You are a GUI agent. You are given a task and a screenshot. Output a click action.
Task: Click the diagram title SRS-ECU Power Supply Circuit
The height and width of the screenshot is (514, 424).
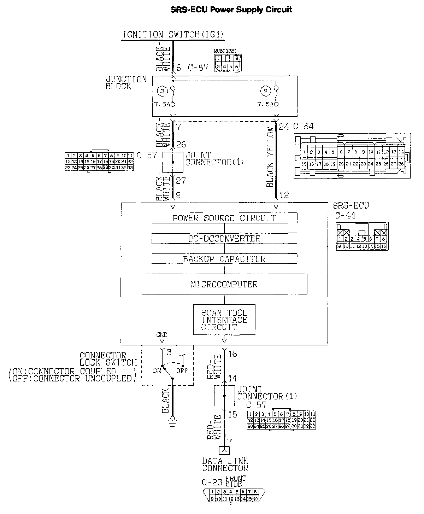pyautogui.click(x=231, y=10)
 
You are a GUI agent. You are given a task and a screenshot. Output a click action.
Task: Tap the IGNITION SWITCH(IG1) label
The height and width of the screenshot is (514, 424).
pyautogui.click(x=173, y=35)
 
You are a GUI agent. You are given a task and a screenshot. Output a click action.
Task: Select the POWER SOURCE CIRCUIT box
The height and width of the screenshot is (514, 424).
pyautogui.click(x=224, y=218)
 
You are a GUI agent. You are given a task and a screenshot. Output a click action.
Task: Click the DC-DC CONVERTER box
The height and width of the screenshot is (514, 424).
pyautogui.click(x=224, y=239)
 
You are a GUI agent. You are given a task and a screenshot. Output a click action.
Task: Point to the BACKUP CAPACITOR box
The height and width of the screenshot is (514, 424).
pyautogui.click(x=224, y=259)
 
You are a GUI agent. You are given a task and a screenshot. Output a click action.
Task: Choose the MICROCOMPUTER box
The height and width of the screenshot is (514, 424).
pyautogui.click(x=224, y=284)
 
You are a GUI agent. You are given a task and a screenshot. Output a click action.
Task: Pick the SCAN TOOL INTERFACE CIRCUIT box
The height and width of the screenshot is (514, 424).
pyautogui.click(x=224, y=320)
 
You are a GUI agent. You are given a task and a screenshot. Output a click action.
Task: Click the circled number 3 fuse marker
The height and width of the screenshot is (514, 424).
pyautogui.click(x=163, y=91)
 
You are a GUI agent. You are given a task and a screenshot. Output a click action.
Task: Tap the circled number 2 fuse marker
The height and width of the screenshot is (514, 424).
pyautogui.click(x=266, y=91)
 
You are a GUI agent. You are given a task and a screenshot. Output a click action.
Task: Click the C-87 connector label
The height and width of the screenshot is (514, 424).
pyautogui.click(x=198, y=68)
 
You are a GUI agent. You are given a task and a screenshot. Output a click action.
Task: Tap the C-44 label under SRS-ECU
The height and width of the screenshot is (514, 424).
pyautogui.click(x=346, y=215)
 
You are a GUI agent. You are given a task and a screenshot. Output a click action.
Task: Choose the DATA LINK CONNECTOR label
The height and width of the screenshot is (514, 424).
pyautogui.click(x=225, y=465)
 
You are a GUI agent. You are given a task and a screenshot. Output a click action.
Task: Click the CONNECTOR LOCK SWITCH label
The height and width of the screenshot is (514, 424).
pyautogui.click(x=108, y=359)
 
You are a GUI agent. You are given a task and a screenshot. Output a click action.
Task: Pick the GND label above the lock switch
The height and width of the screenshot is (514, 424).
pyautogui.click(x=162, y=335)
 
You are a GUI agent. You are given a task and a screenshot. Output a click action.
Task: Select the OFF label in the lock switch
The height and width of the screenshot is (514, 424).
pyautogui.click(x=182, y=370)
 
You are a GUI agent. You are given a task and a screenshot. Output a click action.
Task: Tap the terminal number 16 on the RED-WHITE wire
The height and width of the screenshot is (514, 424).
pyautogui.click(x=233, y=354)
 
